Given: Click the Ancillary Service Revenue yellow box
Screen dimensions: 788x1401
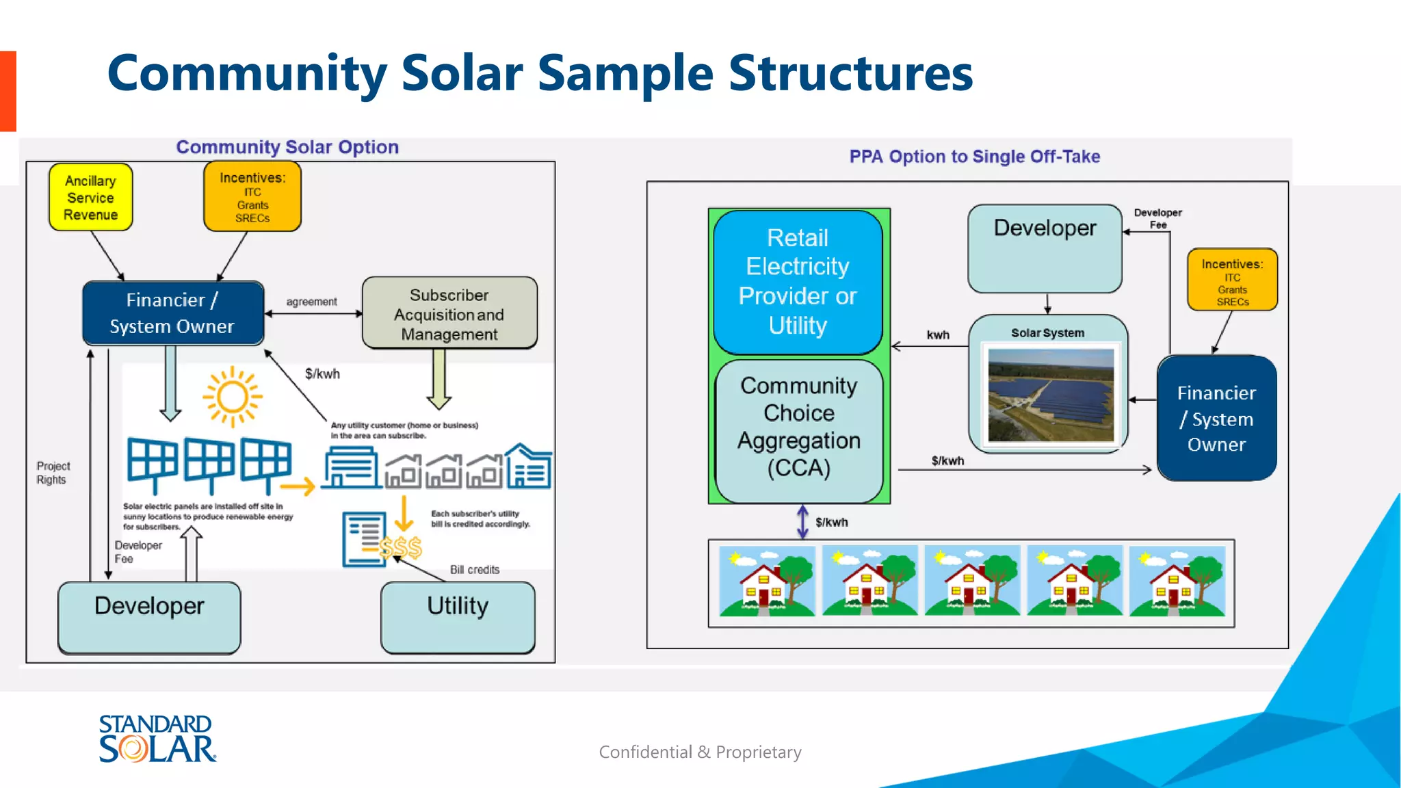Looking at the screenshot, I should [90, 197].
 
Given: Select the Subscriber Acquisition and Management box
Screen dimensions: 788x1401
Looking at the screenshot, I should [449, 314].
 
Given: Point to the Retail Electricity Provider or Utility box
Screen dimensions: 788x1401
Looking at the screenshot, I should [798, 282].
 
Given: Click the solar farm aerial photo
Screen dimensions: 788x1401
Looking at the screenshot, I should [1051, 395].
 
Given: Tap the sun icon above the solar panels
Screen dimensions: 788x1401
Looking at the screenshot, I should [233, 396].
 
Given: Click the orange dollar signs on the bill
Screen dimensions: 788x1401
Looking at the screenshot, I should [401, 548].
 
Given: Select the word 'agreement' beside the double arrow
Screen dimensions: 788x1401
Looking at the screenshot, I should [311, 302].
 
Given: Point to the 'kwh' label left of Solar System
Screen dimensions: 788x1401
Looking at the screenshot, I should [938, 335].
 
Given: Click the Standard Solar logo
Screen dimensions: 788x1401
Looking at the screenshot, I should [157, 739].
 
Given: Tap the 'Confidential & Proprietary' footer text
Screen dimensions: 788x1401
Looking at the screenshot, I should [700, 752].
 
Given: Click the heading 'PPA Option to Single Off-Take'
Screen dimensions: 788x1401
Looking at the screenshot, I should [974, 157].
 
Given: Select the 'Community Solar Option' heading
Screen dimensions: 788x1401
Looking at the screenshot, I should [287, 147].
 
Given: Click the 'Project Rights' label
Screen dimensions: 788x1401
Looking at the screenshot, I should [53, 473].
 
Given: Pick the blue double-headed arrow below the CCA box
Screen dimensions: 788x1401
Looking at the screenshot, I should [802, 522].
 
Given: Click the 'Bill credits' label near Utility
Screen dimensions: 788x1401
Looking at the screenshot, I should [474, 570].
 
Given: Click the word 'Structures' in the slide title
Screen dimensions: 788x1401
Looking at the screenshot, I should [850, 73].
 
